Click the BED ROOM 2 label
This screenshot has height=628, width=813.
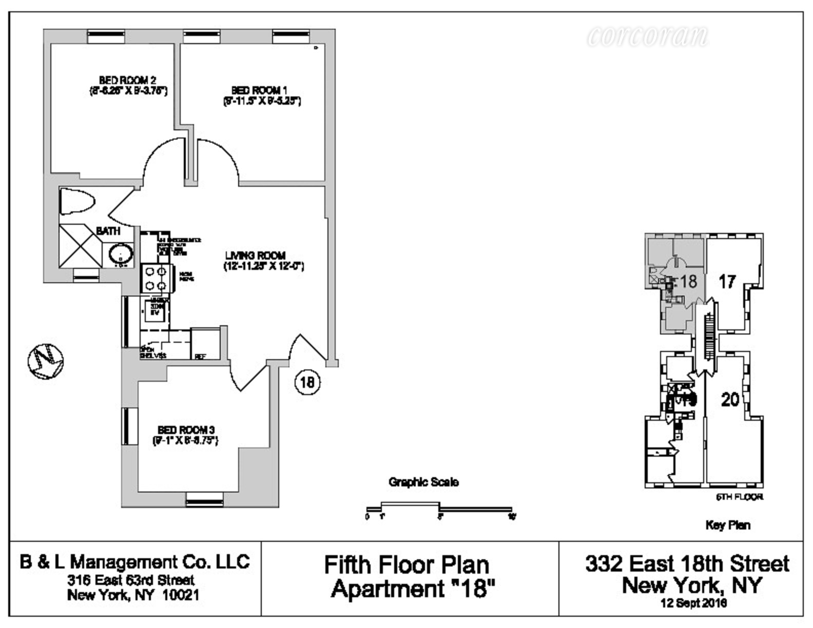coord(128,80)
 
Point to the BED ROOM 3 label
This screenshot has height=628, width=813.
coord(185,430)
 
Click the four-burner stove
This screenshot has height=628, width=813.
coord(156,279)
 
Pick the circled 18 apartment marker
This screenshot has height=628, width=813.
coord(307,382)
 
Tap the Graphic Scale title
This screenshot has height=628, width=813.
coord(423,482)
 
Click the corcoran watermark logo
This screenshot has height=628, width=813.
coord(648,36)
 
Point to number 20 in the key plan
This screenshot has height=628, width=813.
coord(730,399)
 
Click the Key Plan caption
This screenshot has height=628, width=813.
coord(728,525)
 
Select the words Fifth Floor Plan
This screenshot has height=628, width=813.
coord(407,565)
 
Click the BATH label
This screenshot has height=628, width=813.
coord(108,231)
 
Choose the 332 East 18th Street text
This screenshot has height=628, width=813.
coord(687,563)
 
